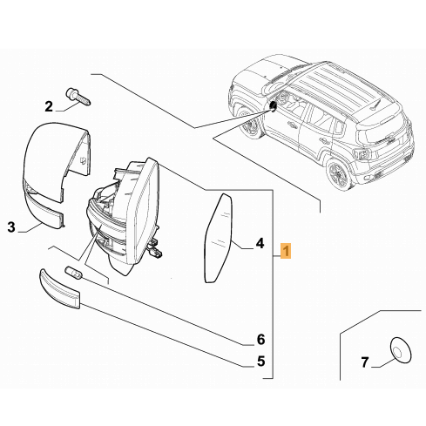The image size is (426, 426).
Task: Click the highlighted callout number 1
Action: (286, 251)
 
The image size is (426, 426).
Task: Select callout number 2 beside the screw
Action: (49, 106)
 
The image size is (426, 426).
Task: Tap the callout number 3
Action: (11, 227)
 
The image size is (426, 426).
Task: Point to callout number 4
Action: (260, 243)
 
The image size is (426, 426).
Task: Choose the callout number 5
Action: (260, 361)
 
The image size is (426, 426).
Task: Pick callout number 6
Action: (260, 339)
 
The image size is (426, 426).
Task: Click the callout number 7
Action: (365, 362)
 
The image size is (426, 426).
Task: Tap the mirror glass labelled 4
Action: (219, 238)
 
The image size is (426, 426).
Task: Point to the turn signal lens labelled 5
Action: (59, 289)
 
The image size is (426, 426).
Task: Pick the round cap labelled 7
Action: (401, 350)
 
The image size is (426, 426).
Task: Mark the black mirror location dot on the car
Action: (273, 105)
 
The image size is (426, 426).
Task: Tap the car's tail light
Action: (360, 154)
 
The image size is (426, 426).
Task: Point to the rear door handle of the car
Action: (323, 141)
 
